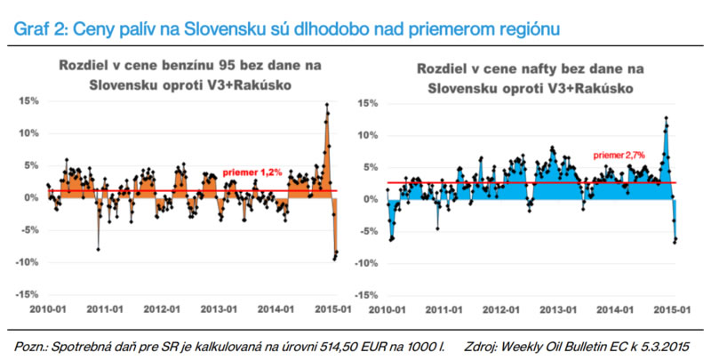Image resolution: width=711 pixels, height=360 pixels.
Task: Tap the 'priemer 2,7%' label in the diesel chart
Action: pos(619,155)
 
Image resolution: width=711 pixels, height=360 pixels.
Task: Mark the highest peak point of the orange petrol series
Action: pos(326,105)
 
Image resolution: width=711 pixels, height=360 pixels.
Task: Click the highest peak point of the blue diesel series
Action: pos(666,117)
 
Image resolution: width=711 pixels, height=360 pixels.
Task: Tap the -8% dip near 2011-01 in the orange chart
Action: pos(98,250)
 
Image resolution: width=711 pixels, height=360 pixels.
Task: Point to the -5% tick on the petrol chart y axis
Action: pos(28,230)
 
